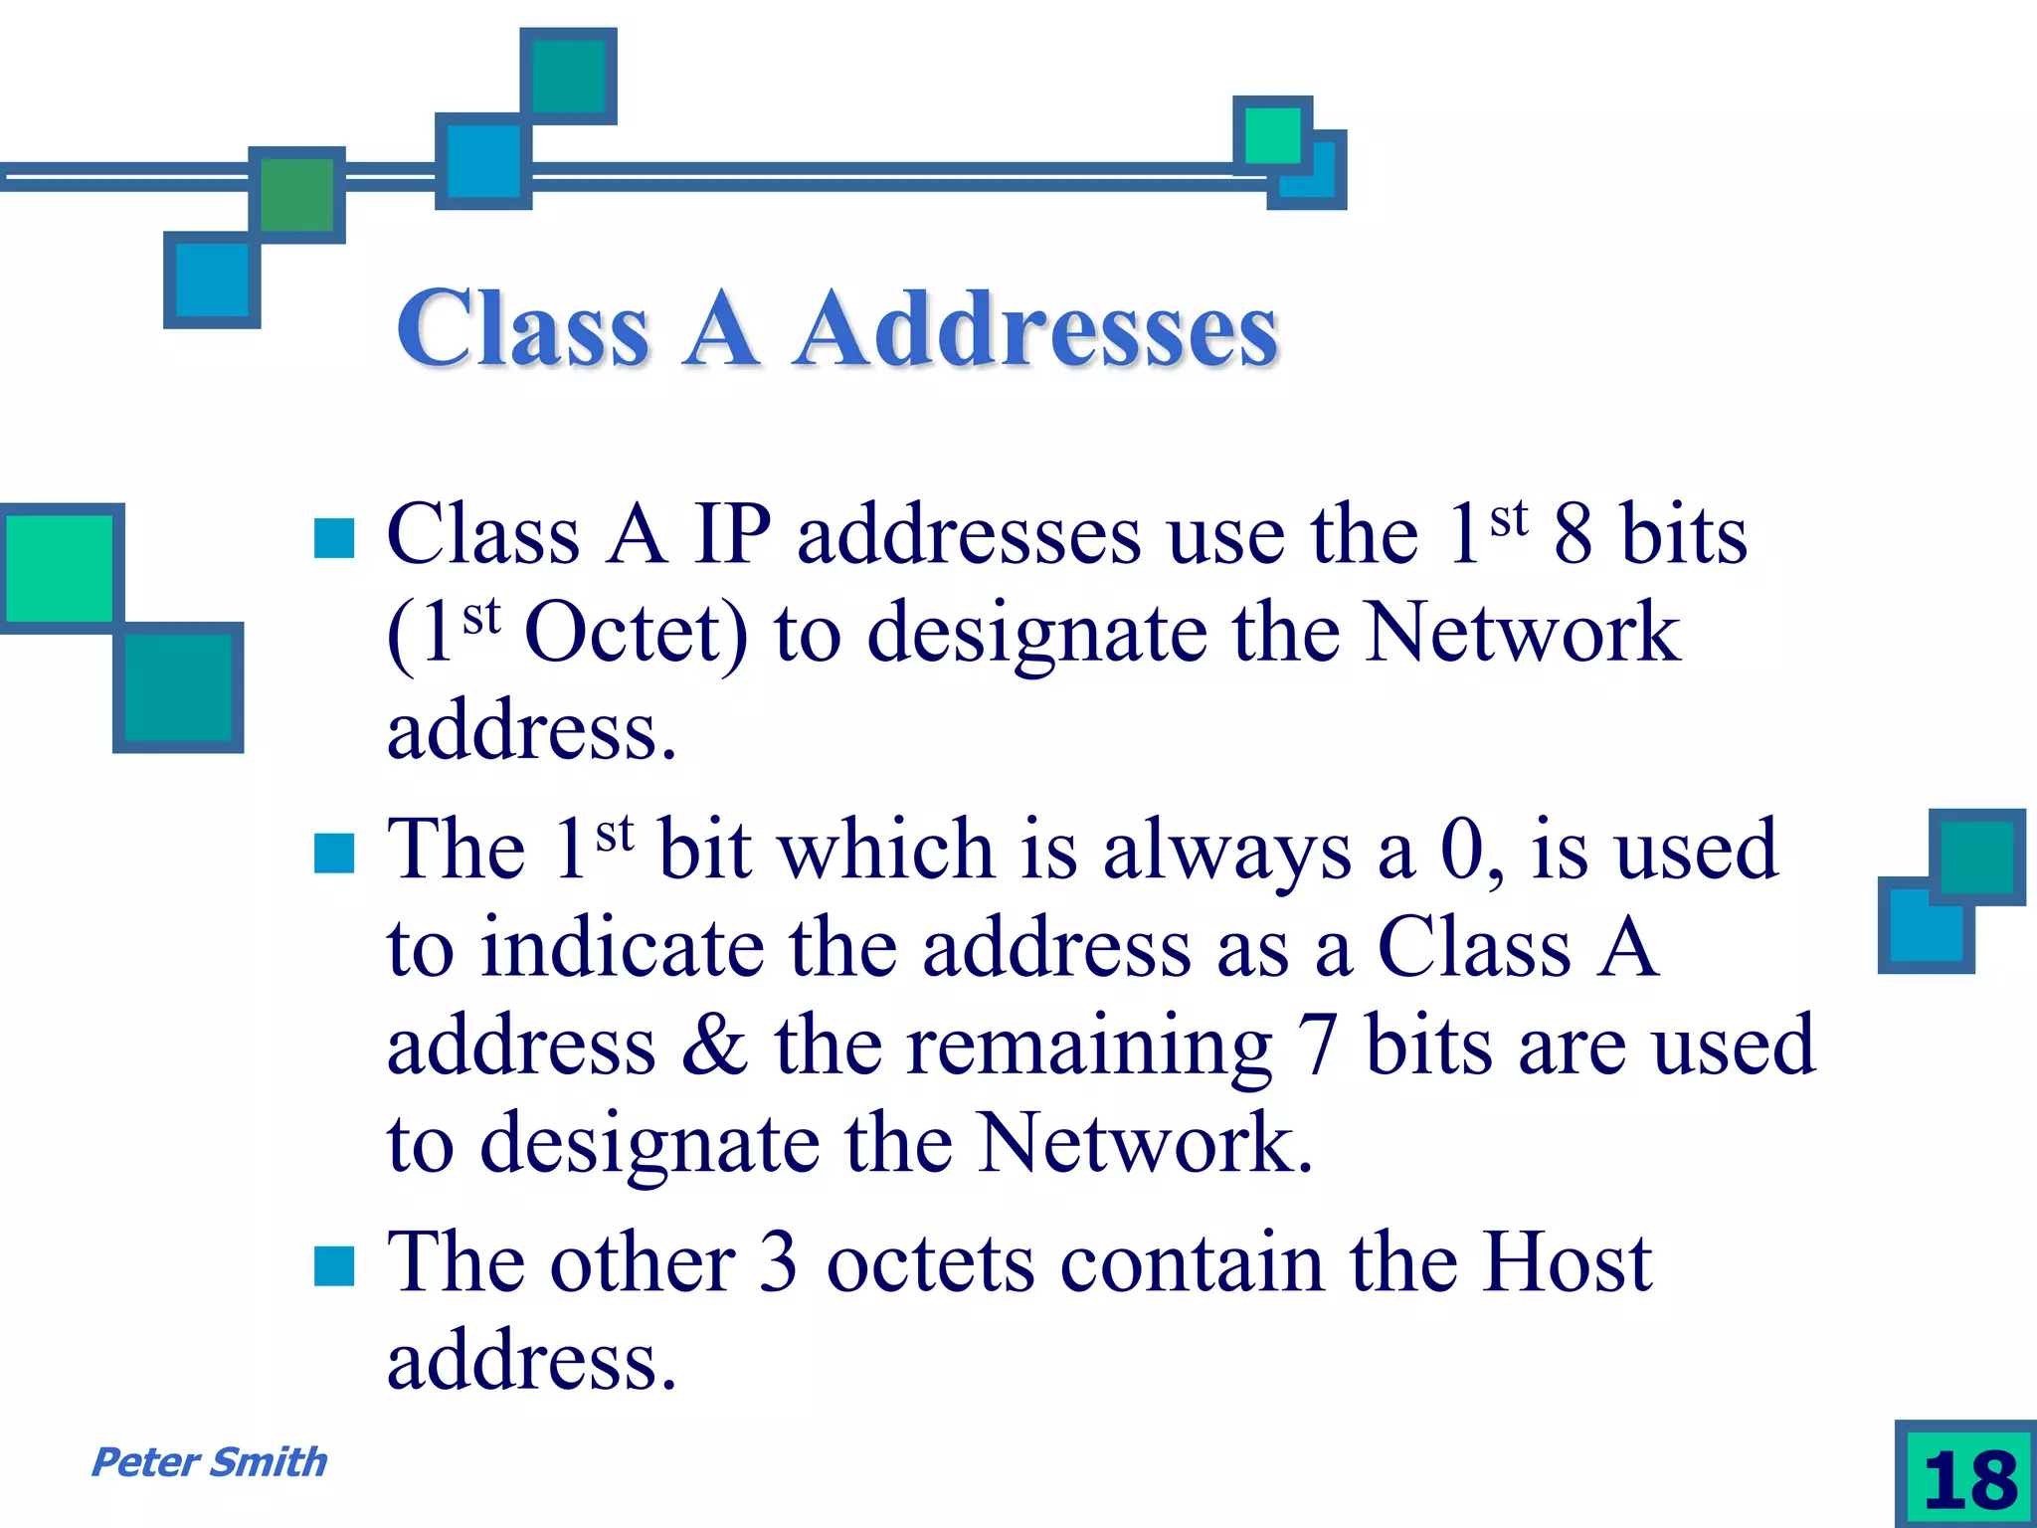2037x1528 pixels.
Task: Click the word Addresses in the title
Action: pyautogui.click(x=1036, y=329)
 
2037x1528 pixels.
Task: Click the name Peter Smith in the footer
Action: pyautogui.click(x=209, y=1462)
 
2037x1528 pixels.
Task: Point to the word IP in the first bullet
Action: pyautogui.click(x=731, y=535)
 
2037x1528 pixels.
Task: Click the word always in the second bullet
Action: pyautogui.click(x=1226, y=851)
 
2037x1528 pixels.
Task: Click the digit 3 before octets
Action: pyautogui.click(x=778, y=1262)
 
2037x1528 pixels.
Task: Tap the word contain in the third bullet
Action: pyautogui.click(x=1192, y=1262)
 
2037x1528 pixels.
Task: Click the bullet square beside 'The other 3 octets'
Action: pyautogui.click(x=334, y=1266)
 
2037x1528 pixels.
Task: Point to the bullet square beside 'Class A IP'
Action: pyautogui.click(x=334, y=538)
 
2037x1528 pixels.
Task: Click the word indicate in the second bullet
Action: pyautogui.click(x=623, y=948)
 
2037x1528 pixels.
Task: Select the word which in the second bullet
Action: pyautogui.click(x=886, y=851)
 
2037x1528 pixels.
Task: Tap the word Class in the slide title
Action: pyautogui.click(x=523, y=329)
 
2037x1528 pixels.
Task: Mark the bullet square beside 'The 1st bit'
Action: pyautogui.click(x=334, y=853)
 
